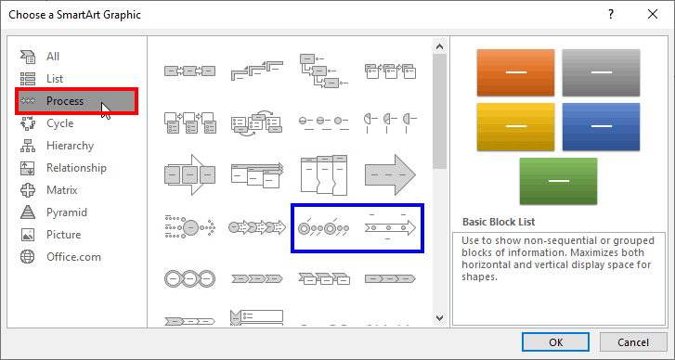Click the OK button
[x=555, y=341]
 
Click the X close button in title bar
[x=653, y=15]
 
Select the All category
[x=53, y=57]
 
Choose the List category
[x=55, y=79]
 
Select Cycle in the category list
[x=59, y=123]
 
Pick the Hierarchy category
[x=70, y=146]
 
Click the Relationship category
[x=76, y=168]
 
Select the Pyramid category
[x=67, y=212]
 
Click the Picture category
[x=64, y=235]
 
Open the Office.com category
[x=73, y=257]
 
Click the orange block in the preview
[x=514, y=72]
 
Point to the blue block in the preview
[x=601, y=127]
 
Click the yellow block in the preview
[x=514, y=127]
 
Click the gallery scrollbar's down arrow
[x=440, y=318]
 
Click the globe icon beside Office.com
[x=28, y=257]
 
